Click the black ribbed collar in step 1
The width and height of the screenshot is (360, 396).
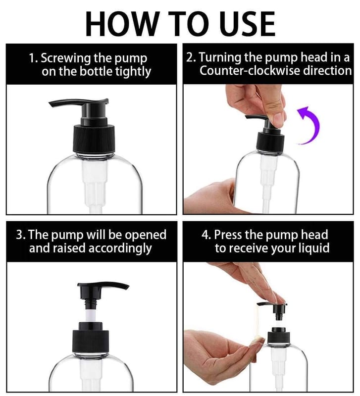pyautogui.click(x=95, y=137)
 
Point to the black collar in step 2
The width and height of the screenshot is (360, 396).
pyautogui.click(x=268, y=142)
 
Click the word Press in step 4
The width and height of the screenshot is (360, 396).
pyautogui.click(x=230, y=234)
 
